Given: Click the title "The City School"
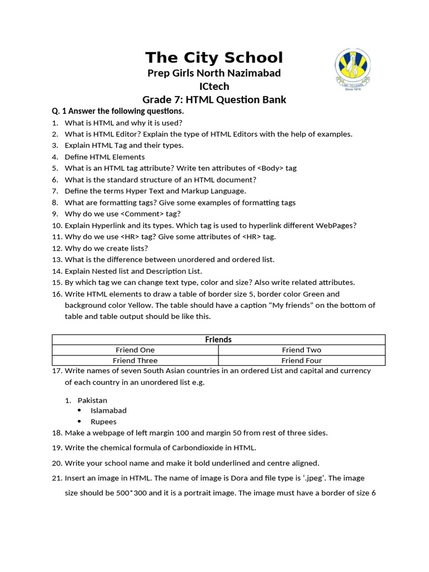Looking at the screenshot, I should tap(214, 58).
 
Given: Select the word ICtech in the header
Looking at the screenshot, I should tap(214, 86).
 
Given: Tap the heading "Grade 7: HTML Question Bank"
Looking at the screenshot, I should tap(214, 100).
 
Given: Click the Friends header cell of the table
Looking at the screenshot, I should tap(218, 340).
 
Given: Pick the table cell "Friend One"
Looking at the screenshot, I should tap(135, 350).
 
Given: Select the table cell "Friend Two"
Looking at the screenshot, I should tap(301, 350).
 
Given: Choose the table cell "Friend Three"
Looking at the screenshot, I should tap(135, 360).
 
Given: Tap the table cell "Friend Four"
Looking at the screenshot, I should tap(301, 360).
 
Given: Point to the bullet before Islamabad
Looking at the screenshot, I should tap(79, 411).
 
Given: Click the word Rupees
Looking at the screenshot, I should tap(103, 422).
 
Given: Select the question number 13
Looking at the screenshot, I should tap(56, 259).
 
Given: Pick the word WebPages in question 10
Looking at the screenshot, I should tap(337, 225).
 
